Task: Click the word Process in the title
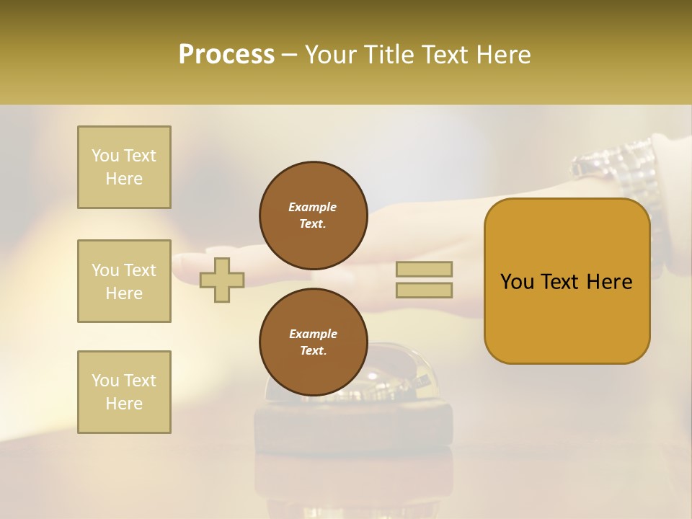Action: (226, 55)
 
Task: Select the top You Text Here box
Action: (124, 167)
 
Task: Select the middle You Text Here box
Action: (124, 281)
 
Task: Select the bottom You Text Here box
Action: (124, 392)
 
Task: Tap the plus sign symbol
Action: (222, 280)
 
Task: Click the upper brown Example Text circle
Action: (314, 216)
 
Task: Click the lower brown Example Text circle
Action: (314, 342)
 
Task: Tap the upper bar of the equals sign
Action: (424, 269)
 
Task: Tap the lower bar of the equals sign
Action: (424, 290)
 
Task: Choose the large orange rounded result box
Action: (567, 281)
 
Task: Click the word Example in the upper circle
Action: (313, 207)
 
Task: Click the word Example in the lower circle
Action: (313, 334)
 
